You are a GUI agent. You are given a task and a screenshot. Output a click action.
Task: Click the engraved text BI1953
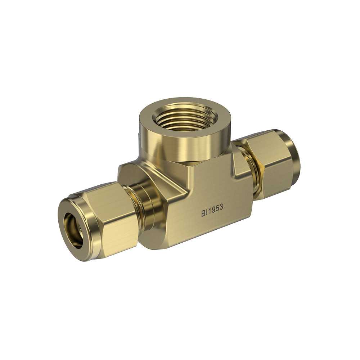point(212,210)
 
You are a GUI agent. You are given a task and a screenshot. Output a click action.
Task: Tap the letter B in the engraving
point(203,213)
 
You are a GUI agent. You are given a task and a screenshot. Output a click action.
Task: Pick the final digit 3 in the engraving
point(221,208)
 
